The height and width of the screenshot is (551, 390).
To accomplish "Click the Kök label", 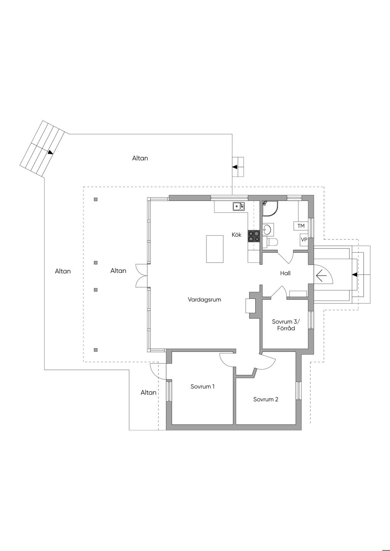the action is pos(237,235).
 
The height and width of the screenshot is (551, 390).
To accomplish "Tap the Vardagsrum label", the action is pos(205,299).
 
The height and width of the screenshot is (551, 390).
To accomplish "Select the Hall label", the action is pos(285,273).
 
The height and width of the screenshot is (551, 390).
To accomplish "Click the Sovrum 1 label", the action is pos(202,387).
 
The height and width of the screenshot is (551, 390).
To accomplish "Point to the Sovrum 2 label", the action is pos(266,399).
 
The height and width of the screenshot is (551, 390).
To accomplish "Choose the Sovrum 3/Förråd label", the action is pos(286,325).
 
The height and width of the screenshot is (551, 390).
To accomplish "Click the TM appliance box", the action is pos(301,226).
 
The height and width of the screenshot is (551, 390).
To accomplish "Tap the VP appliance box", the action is pos(304,239).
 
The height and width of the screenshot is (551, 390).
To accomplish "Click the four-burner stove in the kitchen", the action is pos(254,236).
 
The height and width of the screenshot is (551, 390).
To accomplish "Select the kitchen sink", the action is pos(238,206).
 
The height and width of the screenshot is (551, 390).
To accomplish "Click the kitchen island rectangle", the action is pos(215,249).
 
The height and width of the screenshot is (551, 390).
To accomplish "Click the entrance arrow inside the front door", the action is pos(321,275).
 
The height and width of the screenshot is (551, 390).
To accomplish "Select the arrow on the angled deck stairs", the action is pos(51,153).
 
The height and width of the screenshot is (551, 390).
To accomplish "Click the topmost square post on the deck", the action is pos(96,199).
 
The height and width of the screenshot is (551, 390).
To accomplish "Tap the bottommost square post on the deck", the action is pos(96,350).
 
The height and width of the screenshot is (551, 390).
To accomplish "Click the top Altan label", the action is pos(140,158).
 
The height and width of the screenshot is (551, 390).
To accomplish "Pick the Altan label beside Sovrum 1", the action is pos(149,393).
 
